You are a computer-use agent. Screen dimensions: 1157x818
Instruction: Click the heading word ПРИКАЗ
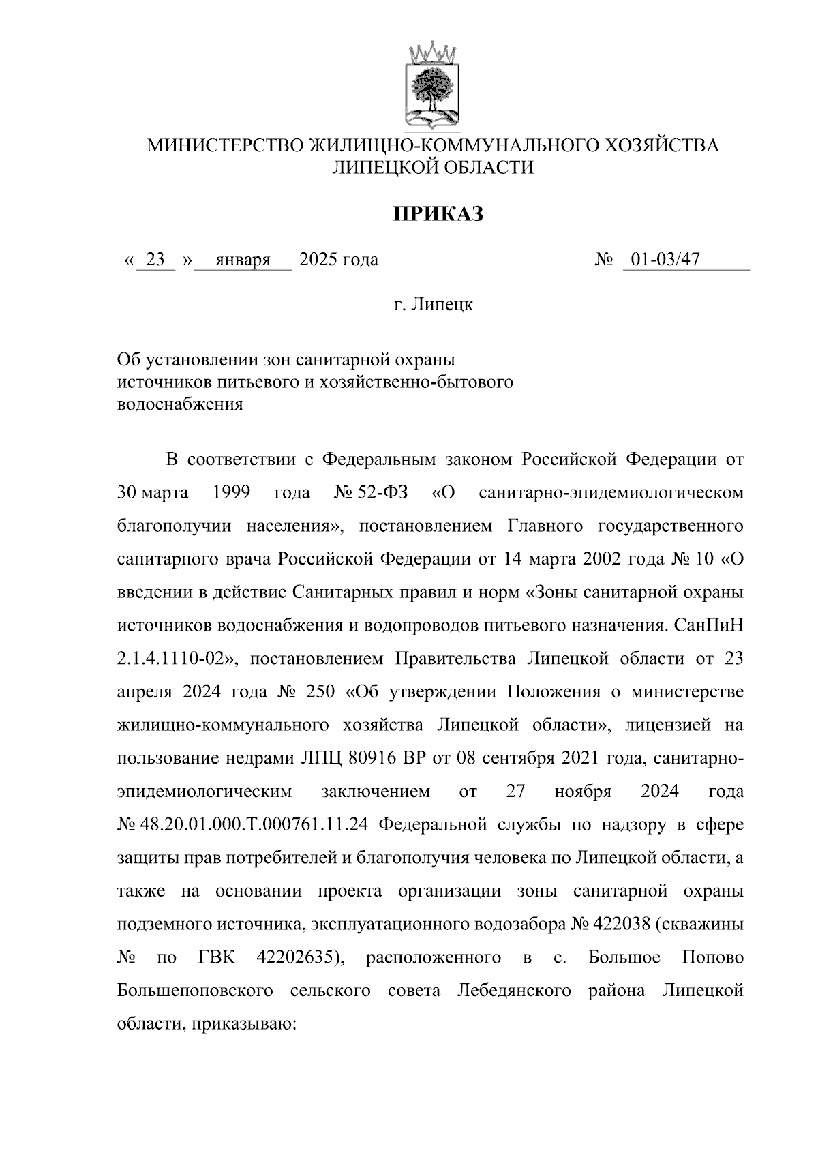point(438,215)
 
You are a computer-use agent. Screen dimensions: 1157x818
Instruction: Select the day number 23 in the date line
point(156,260)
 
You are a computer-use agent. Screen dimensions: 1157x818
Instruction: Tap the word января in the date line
point(243,260)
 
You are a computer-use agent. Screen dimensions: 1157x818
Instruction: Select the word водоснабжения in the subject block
point(180,404)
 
